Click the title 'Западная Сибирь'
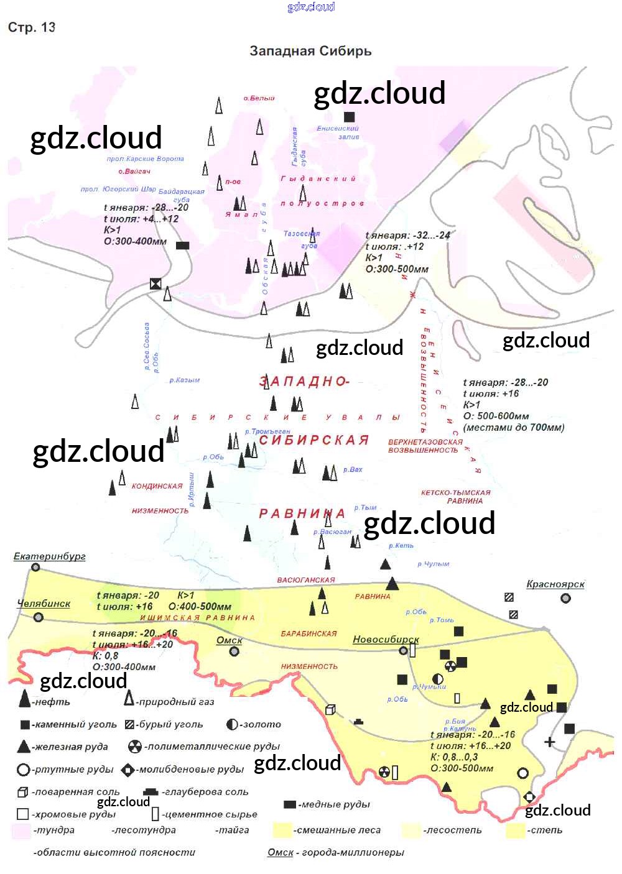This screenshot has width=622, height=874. pyautogui.click(x=310, y=51)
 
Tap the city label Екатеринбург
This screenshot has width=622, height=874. pyautogui.click(x=50, y=556)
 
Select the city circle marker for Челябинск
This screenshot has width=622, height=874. pyautogui.click(x=39, y=617)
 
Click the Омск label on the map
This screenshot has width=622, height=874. pyautogui.click(x=229, y=640)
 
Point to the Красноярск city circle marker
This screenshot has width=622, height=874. pyautogui.click(x=565, y=598)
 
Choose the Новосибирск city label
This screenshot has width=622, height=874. pyautogui.click(x=386, y=639)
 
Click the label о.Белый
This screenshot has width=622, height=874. pyautogui.click(x=259, y=98)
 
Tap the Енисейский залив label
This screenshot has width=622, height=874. pyautogui.click(x=338, y=132)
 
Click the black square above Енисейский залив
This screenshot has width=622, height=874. pyautogui.click(x=350, y=117)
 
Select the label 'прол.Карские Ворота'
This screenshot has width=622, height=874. pyautogui.click(x=146, y=159)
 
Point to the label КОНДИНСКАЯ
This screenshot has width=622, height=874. pyautogui.click(x=157, y=486)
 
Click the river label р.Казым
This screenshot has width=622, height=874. pyautogui.click(x=185, y=380)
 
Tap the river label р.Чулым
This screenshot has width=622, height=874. pyautogui.click(x=433, y=564)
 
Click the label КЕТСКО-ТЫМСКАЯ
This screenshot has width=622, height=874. pyautogui.click(x=455, y=492)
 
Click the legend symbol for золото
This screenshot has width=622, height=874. pyautogui.click(x=233, y=724)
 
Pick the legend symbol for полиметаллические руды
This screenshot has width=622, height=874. pyautogui.click(x=134, y=747)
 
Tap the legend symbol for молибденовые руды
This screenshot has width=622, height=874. pyautogui.click(x=128, y=770)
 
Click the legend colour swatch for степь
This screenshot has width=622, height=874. pyautogui.click(x=515, y=830)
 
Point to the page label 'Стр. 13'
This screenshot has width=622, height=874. pyautogui.click(x=32, y=27)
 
